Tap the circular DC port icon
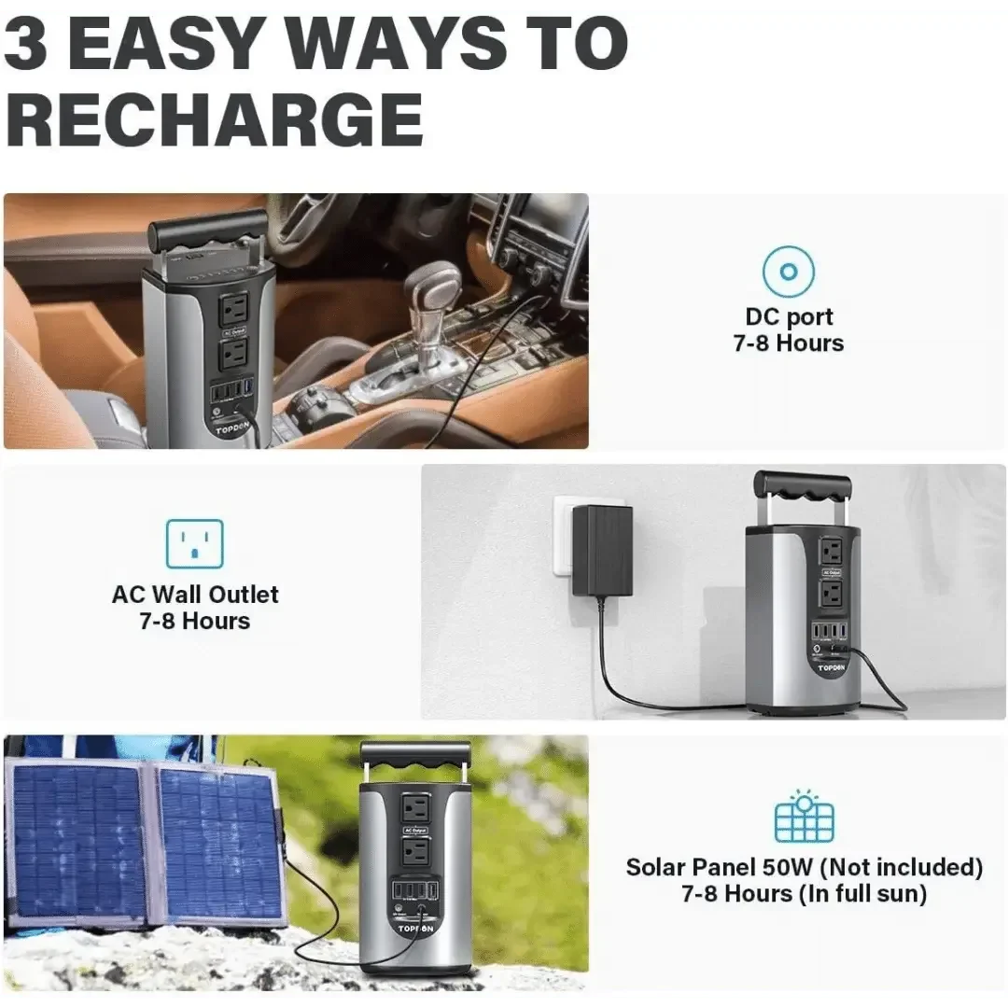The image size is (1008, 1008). click(788, 273)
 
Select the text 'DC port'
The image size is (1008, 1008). click(789, 317)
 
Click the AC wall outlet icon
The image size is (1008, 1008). click(195, 544)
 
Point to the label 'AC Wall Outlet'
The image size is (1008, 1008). click(195, 595)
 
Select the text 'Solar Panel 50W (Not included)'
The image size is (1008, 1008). click(804, 867)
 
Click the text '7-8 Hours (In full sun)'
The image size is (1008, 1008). click(804, 894)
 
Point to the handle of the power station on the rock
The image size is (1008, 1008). click(416, 755)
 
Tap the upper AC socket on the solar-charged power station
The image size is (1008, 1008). click(416, 808)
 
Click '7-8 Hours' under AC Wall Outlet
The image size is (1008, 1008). click(195, 622)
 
